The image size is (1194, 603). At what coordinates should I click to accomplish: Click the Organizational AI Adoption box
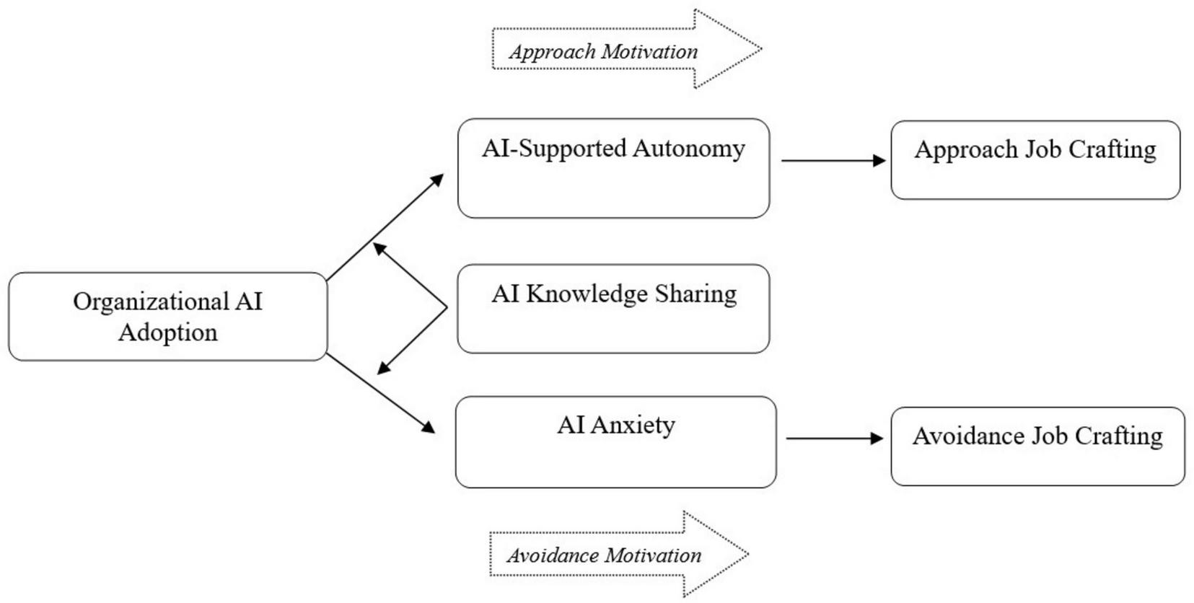167,317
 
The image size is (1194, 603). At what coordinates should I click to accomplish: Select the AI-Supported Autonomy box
613,169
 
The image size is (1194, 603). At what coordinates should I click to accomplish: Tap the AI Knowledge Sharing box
613,309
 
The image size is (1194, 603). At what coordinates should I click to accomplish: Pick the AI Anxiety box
615,442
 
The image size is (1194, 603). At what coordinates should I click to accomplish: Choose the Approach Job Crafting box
1035,160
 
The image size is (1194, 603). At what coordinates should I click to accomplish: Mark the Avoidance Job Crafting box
1037,446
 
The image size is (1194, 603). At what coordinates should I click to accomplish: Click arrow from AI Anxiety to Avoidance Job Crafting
833,438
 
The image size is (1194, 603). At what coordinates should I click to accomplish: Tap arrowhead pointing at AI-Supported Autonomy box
436,180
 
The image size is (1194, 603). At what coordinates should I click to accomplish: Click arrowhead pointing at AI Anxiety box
429,427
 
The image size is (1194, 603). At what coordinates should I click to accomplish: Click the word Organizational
150,301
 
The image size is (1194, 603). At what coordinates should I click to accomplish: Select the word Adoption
167,333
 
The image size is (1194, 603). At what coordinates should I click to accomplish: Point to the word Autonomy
688,149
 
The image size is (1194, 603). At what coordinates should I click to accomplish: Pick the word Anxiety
632,425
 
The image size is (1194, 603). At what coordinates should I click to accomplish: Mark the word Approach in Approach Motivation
553,52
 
